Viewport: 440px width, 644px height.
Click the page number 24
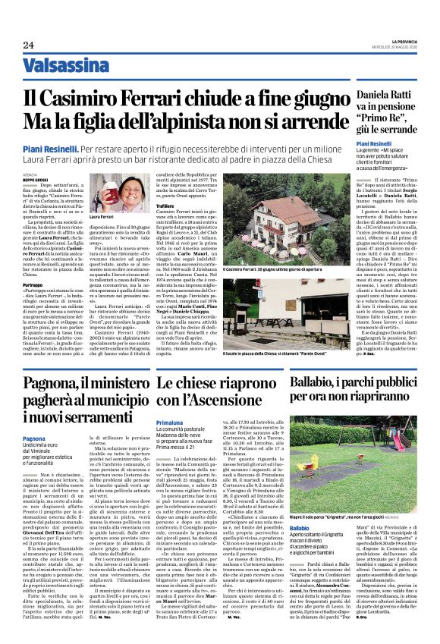[28, 46]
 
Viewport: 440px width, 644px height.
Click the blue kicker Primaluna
[169, 422]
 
